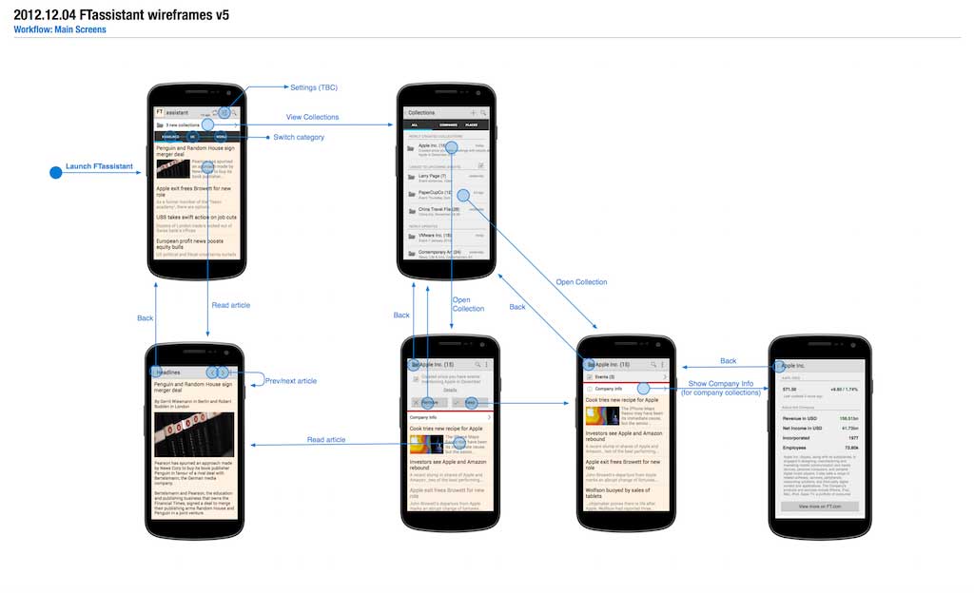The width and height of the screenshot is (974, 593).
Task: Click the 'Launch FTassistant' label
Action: (99, 166)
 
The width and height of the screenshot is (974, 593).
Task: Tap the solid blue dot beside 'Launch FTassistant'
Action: (55, 172)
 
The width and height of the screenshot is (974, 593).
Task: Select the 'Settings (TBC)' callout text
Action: (314, 87)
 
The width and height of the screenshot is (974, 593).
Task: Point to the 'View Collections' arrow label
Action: (312, 117)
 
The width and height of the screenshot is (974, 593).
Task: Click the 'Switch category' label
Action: (299, 137)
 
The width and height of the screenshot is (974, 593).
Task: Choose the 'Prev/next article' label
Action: (290, 381)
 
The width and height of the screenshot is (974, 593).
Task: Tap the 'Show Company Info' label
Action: (721, 383)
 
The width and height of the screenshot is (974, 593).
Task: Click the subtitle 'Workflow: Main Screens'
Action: (59, 29)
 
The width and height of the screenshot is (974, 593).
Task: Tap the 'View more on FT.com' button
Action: (820, 507)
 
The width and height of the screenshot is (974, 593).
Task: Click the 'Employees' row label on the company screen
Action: (794, 447)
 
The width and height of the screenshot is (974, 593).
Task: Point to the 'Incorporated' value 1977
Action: (852, 438)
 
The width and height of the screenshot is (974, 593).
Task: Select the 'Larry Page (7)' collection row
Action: (434, 176)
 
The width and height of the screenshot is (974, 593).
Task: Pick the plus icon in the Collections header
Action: (473, 112)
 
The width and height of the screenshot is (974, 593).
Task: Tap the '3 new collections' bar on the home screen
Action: (185, 124)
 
